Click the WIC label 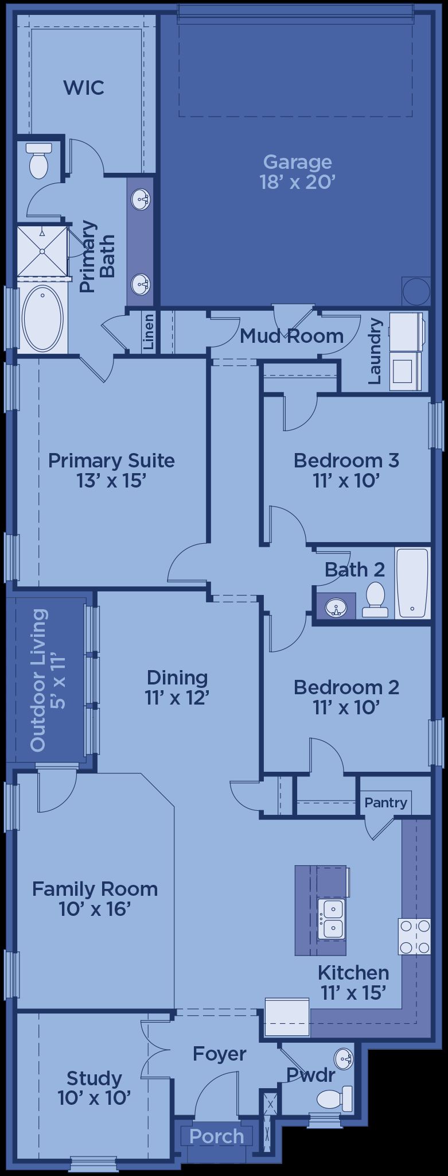tap(84, 87)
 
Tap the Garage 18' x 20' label tap(297, 172)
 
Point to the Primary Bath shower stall tap(42, 251)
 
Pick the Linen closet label tap(149, 332)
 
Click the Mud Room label tap(291, 336)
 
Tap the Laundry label tap(375, 351)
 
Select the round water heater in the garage tap(416, 292)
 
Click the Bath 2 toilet tap(375, 599)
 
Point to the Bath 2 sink tap(336, 607)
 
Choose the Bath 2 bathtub tap(412, 583)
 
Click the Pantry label tap(386, 802)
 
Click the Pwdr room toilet tap(334, 1097)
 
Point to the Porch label tap(217, 1136)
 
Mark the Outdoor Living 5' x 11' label tap(48, 680)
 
